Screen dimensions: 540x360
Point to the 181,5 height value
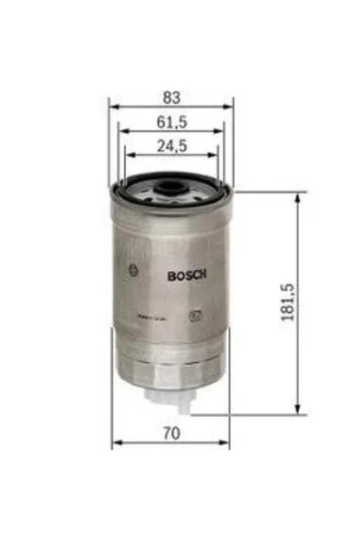(290, 304)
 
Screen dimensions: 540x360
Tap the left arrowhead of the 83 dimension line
(113, 106)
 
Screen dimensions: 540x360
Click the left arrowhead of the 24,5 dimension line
(129, 157)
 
